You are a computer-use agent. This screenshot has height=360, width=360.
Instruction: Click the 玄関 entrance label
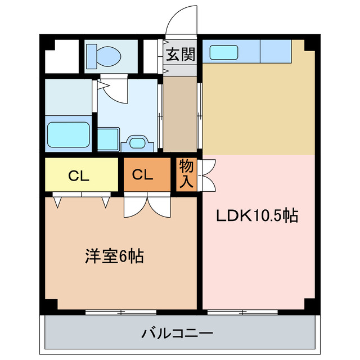180,55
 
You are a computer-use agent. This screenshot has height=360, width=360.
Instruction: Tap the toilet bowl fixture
104,55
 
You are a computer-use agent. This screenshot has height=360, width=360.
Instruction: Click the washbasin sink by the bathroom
137,142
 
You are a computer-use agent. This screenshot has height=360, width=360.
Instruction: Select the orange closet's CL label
143,175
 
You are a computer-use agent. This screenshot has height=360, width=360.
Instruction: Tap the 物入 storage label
187,174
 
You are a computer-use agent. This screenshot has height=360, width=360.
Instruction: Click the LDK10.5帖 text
258,216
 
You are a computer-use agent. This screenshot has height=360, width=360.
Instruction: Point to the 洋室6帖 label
114,256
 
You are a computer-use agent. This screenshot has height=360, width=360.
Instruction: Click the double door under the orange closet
147,206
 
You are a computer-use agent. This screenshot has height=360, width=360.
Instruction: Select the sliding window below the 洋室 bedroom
121,311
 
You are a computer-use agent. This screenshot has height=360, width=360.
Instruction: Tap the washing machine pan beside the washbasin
108,138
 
